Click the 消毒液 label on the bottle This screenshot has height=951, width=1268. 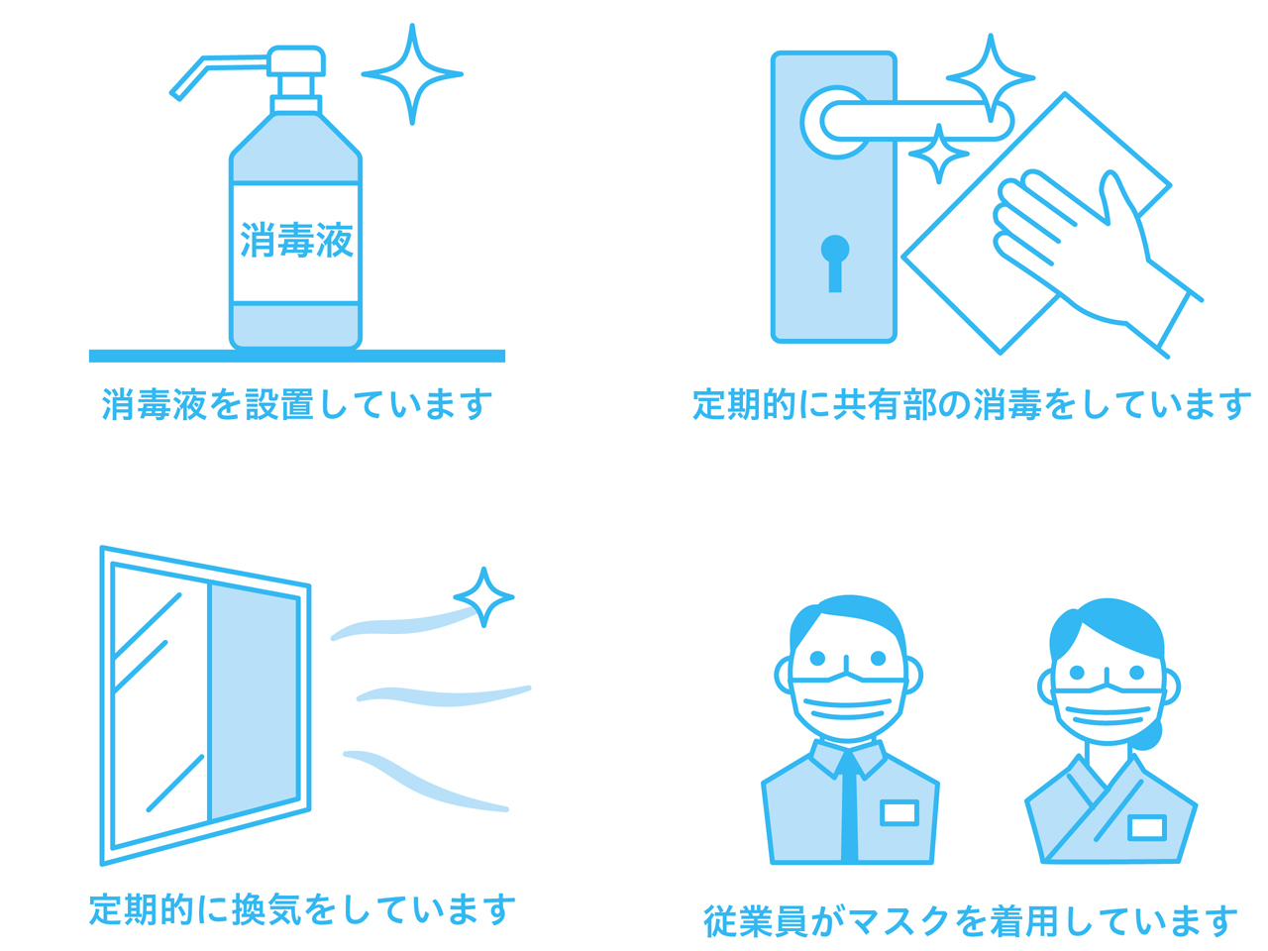coord(296,240)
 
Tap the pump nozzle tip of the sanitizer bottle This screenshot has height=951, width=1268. coord(175,95)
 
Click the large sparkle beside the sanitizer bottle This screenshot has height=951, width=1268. coord(411,74)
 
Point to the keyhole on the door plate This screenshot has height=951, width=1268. coord(835,264)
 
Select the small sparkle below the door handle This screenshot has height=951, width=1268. coord(939,154)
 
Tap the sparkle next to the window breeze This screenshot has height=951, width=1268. coord(483,597)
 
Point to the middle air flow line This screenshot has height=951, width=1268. coord(444,694)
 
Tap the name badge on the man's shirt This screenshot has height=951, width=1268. coord(898,812)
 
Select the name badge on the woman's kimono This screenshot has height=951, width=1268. coord(1147,827)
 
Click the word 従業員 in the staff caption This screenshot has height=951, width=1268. coord(756,920)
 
